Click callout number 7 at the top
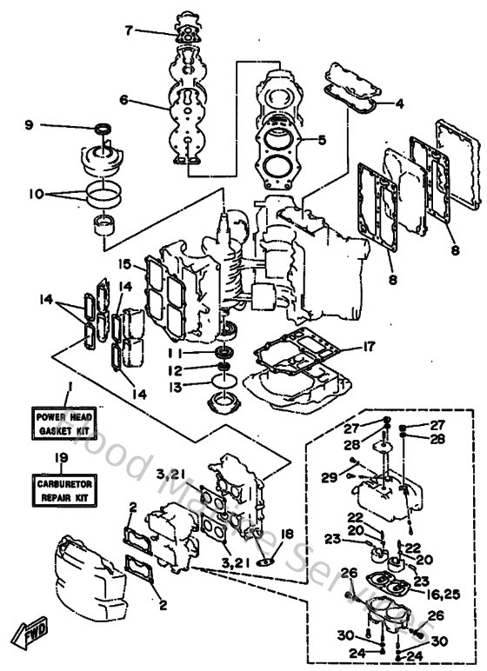pyautogui.click(x=129, y=30)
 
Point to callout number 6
pyautogui.click(x=124, y=100)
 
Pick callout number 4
pyautogui.click(x=399, y=104)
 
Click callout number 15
pyautogui.click(x=124, y=263)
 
